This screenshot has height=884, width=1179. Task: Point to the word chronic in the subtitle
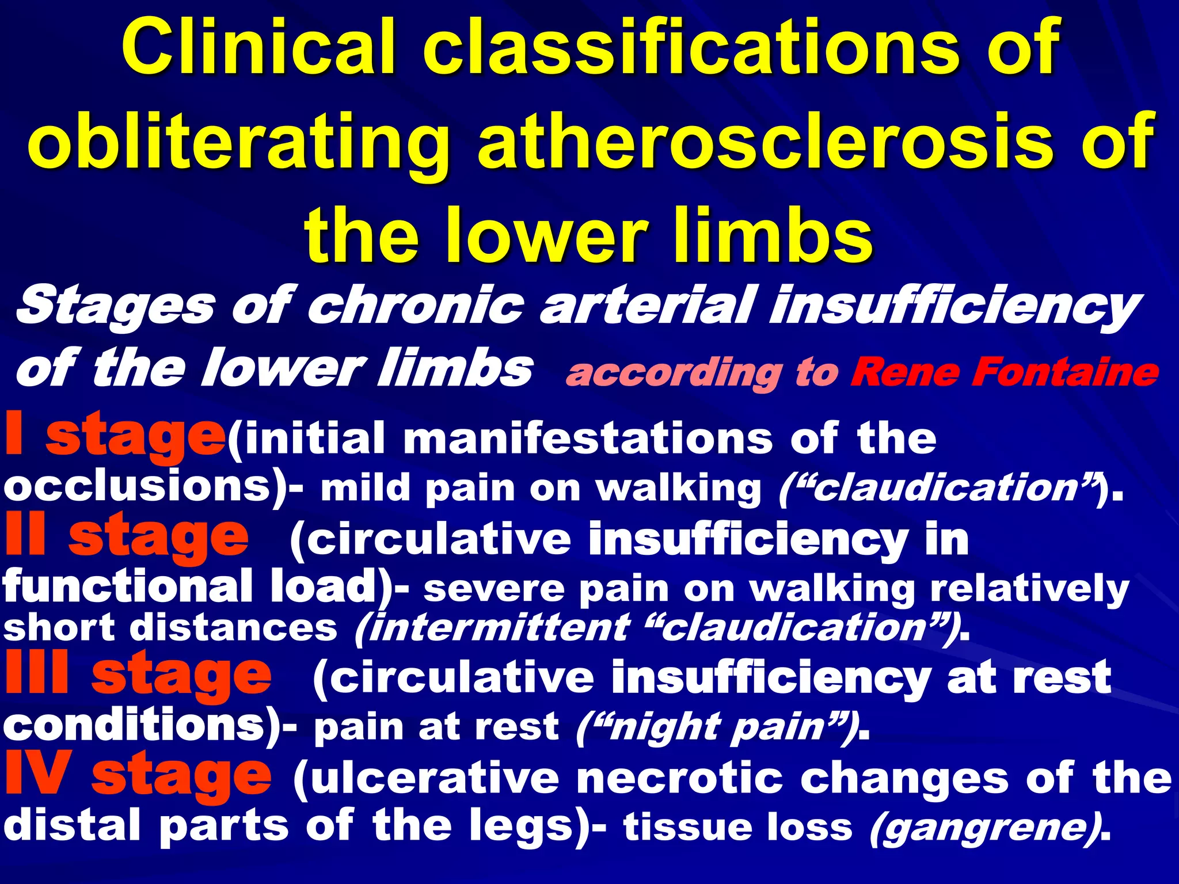click(415, 306)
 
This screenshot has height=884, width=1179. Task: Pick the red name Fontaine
click(1065, 372)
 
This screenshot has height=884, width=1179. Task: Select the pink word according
click(674, 374)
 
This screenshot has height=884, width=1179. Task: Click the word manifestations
click(587, 438)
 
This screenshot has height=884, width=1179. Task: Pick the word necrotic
click(679, 778)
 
